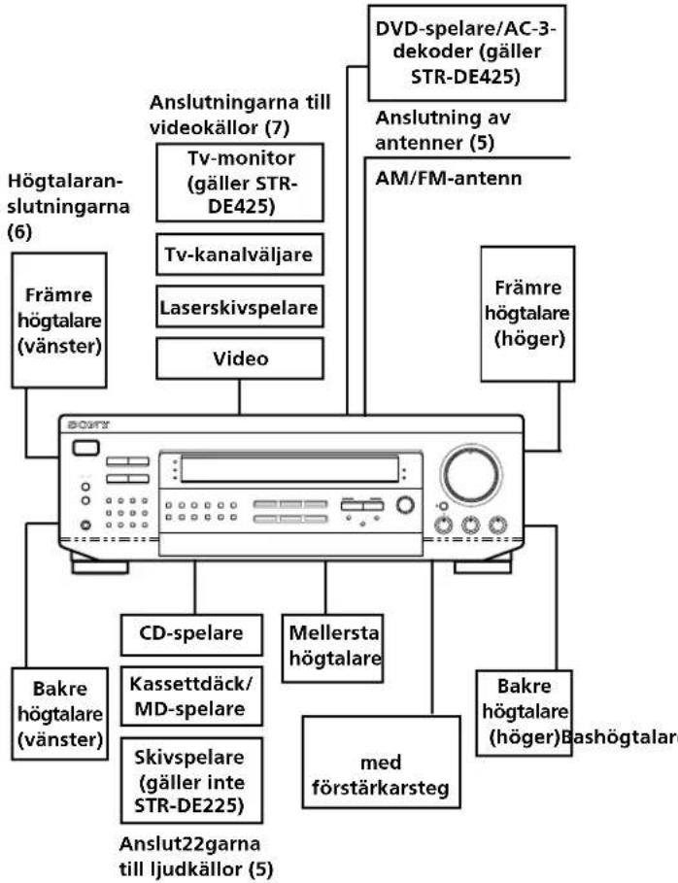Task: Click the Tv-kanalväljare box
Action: pyautogui.click(x=240, y=255)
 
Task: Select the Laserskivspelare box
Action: pyautogui.click(x=240, y=307)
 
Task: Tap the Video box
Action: pyautogui.click(x=240, y=358)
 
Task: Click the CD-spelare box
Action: pyautogui.click(x=191, y=634)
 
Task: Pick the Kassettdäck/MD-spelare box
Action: pyautogui.click(x=191, y=696)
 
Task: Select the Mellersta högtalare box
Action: pyautogui.click(x=333, y=648)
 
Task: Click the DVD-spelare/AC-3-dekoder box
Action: pyautogui.click(x=467, y=52)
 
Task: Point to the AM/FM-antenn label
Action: pyautogui.click(x=448, y=178)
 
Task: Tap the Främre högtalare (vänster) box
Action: pyautogui.click(x=59, y=321)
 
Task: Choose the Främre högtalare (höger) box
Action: pyautogui.click(x=527, y=314)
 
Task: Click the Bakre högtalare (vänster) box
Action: pyautogui.click(x=59, y=714)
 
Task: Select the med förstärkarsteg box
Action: pyautogui.click(x=381, y=762)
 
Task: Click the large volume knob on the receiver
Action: pyautogui.click(x=471, y=474)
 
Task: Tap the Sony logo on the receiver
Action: pyautogui.click(x=88, y=425)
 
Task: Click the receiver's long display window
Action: pyautogui.click(x=289, y=469)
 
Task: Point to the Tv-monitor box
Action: pyautogui.click(x=240, y=183)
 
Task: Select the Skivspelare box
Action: pyautogui.click(x=191, y=780)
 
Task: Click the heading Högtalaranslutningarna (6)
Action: pyautogui.click(x=68, y=207)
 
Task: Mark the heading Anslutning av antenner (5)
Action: pyautogui.click(x=443, y=130)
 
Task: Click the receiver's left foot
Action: pyautogui.click(x=100, y=563)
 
